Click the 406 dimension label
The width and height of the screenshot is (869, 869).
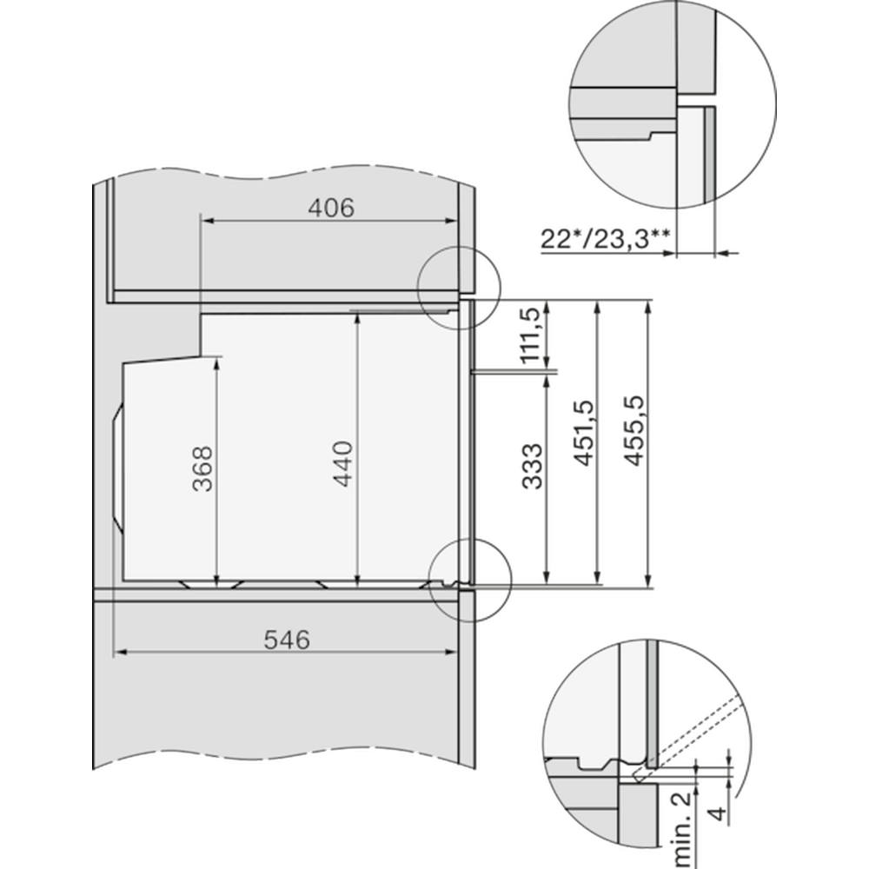[x=331, y=208]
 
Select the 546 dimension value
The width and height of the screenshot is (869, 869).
[x=287, y=640]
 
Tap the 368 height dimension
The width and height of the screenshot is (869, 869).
[x=202, y=468]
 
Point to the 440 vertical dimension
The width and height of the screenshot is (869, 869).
[x=344, y=463]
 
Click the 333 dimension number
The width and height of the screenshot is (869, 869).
[x=533, y=466]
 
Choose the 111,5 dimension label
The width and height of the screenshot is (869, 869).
[x=530, y=335]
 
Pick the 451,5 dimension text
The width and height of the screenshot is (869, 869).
[x=584, y=432]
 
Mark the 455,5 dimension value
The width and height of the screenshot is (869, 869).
[x=635, y=430]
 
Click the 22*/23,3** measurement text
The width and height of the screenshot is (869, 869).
[x=605, y=240]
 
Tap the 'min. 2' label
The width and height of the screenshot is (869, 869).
[x=680, y=829]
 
